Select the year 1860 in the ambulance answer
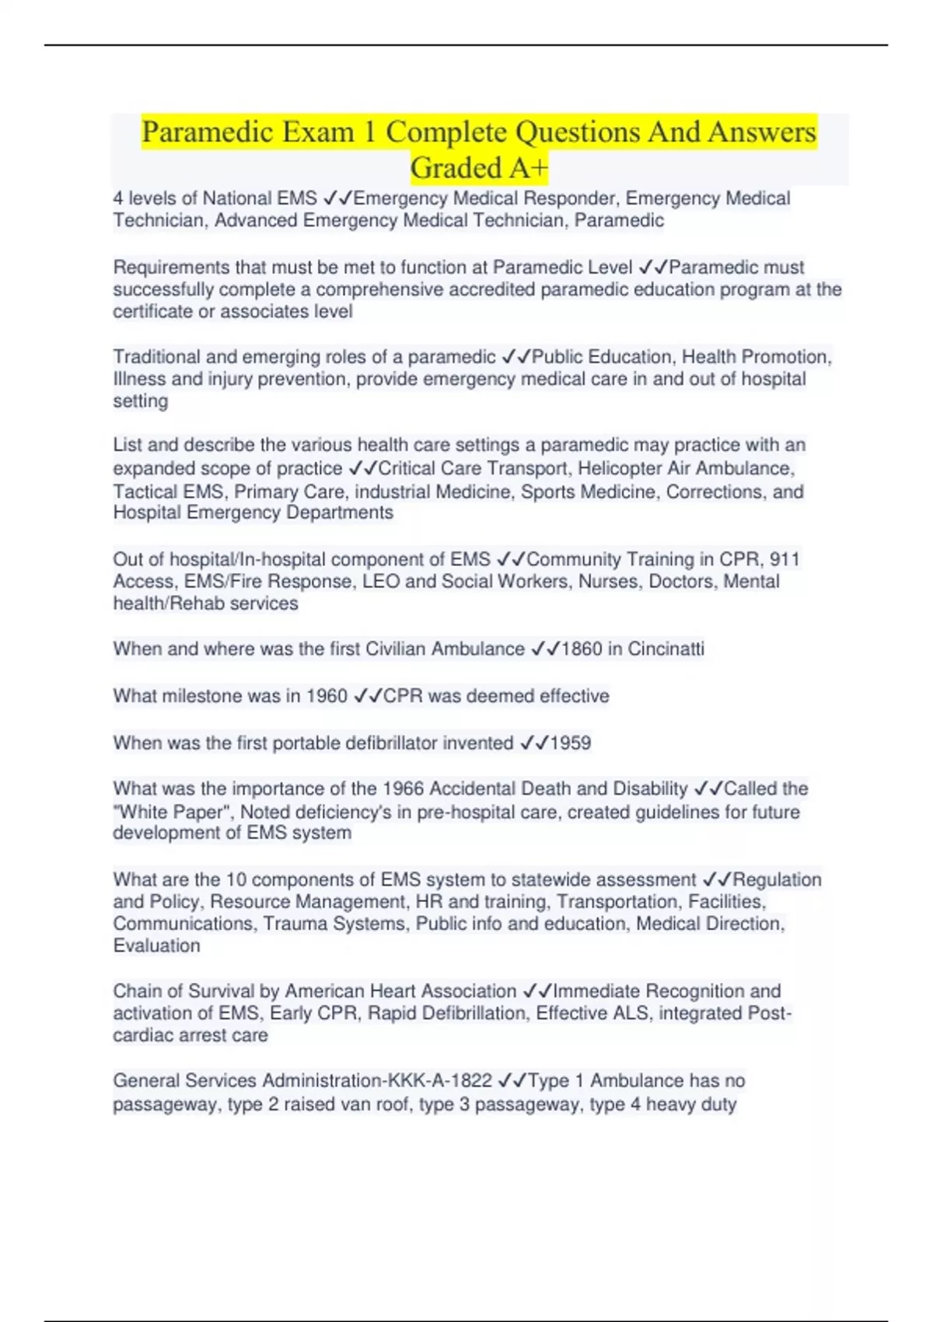click(582, 649)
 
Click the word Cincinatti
click(666, 649)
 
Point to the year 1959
click(571, 743)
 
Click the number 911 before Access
click(784, 560)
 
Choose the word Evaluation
click(156, 946)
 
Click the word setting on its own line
click(140, 401)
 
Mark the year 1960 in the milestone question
click(327, 696)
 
